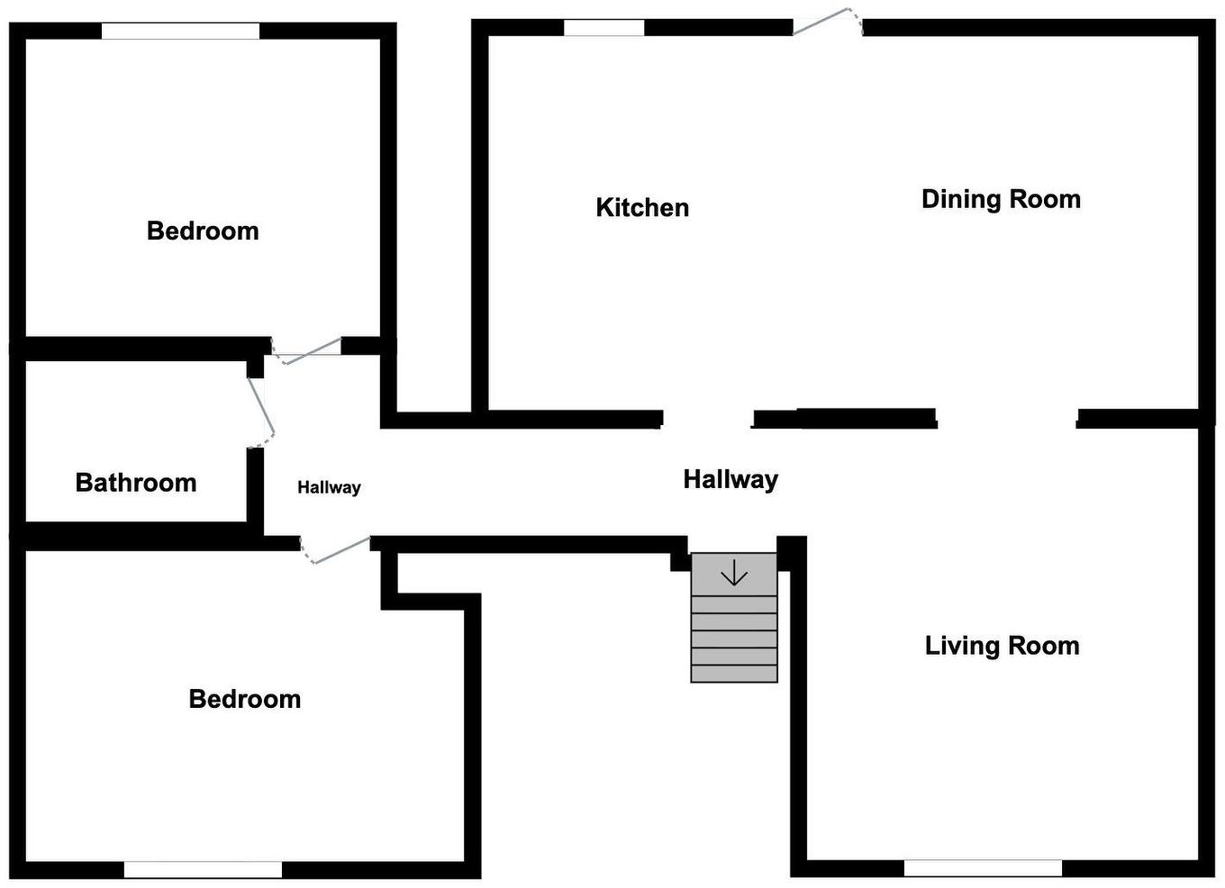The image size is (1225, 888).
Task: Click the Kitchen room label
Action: pos(642,208)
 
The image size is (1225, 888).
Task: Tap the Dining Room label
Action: pos(1001,199)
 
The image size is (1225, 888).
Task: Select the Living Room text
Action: pos(1002,646)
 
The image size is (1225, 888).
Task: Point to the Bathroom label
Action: pos(136,483)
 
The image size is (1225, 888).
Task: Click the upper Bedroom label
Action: pos(203,231)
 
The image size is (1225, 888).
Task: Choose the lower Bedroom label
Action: pos(244,699)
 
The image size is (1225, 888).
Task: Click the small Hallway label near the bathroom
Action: pos(329,487)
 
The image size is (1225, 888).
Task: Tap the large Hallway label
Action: pos(730,479)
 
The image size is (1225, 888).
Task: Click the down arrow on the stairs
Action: pos(734,575)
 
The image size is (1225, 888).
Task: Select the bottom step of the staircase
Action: pos(734,674)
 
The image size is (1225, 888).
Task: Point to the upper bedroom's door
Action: pos(307,350)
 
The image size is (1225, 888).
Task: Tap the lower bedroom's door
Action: pos(335,550)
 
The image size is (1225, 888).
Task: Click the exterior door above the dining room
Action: pos(828,22)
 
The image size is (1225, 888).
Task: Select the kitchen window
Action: pos(603,28)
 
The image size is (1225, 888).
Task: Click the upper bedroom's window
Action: pos(180,32)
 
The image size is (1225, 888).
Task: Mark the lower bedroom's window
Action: pos(203,869)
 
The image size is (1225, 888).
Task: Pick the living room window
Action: pos(983,868)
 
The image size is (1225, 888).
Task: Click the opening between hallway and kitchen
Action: pos(707,419)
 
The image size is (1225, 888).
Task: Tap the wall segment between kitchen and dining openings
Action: pos(845,418)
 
